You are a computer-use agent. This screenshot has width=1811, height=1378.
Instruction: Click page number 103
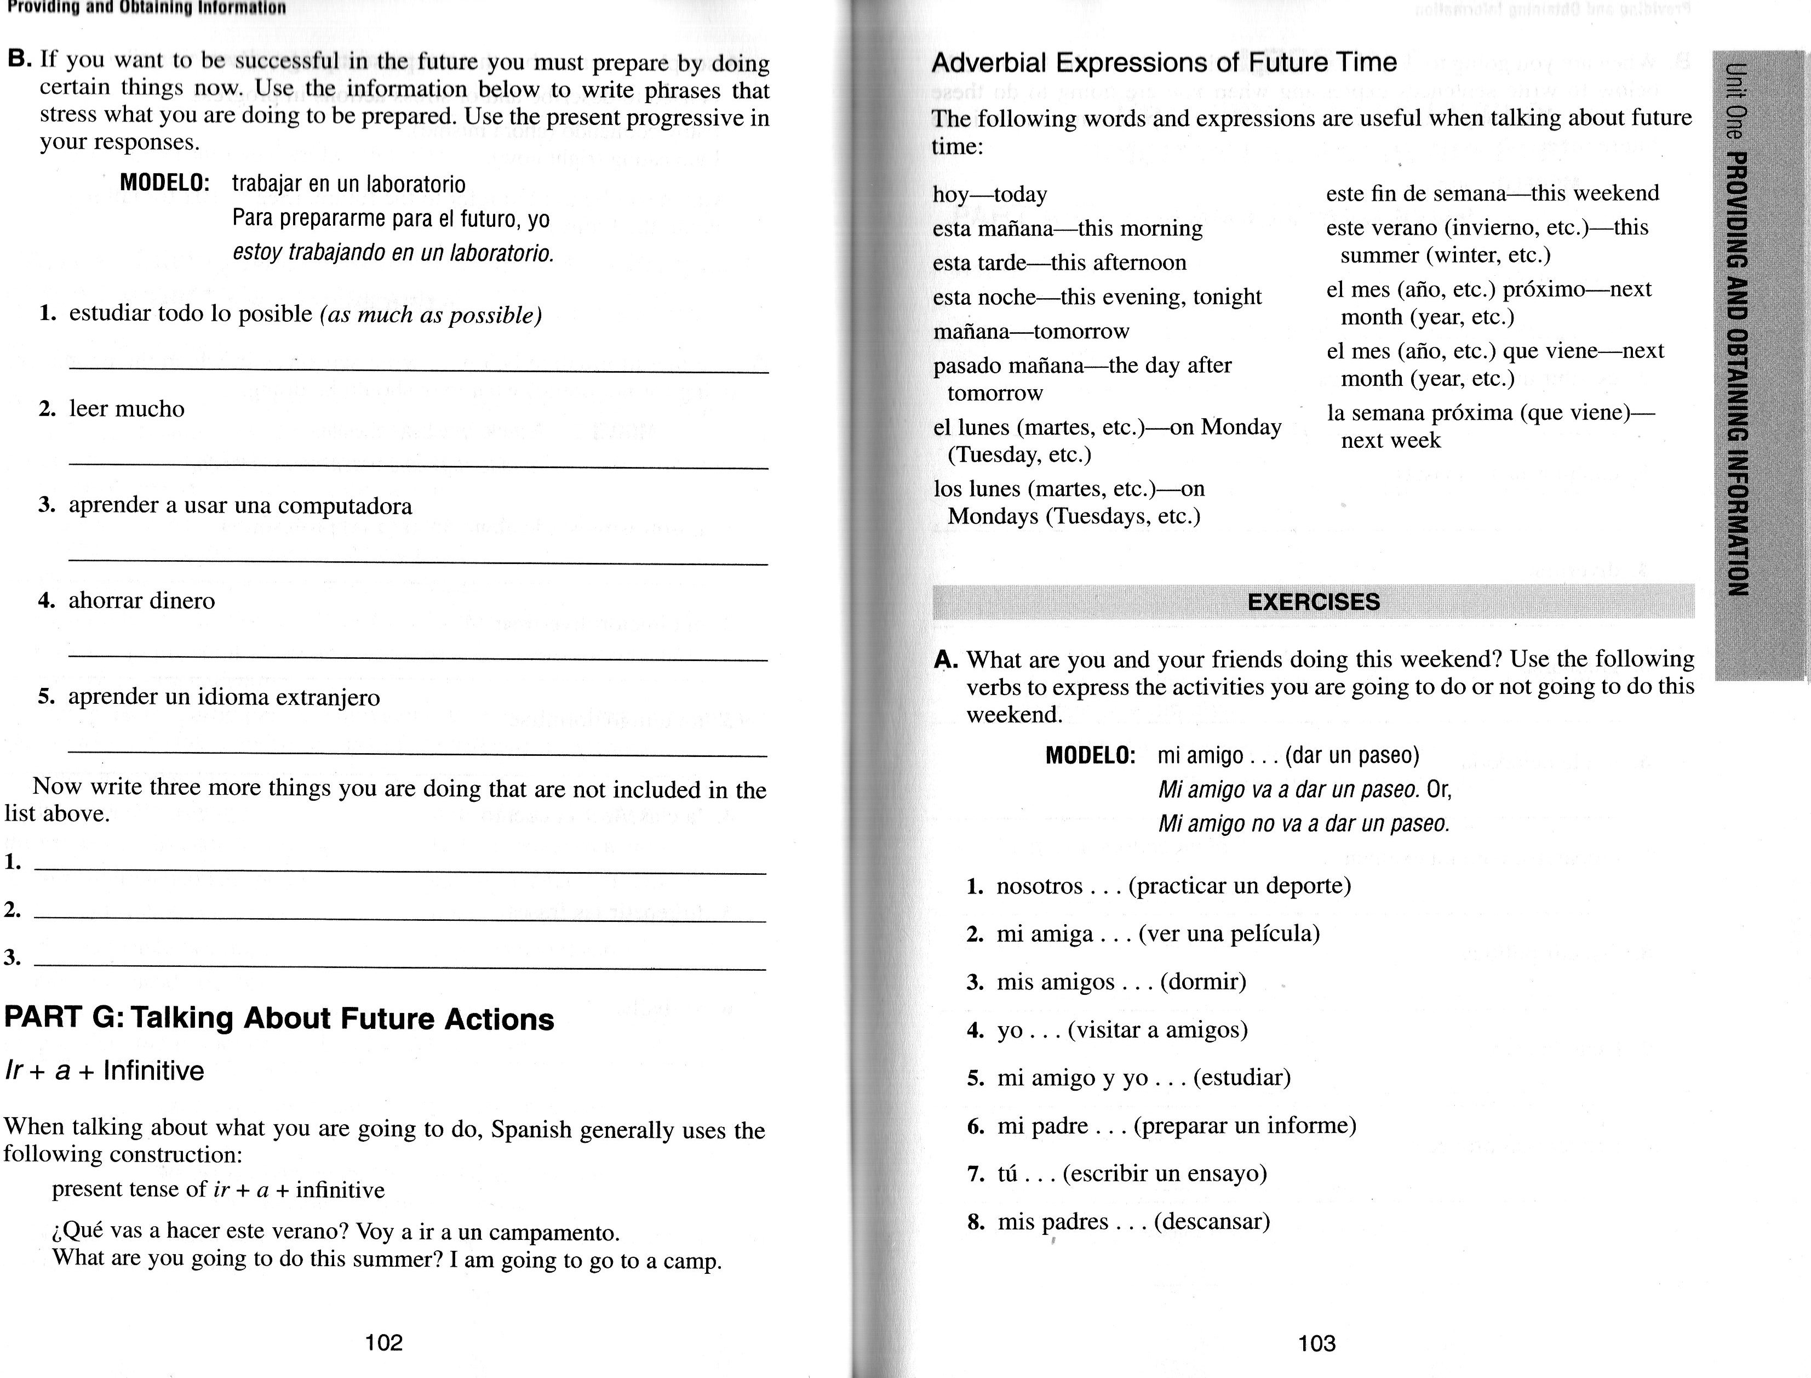click(1317, 1343)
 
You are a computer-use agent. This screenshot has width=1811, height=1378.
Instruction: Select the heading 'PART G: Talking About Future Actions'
click(279, 1019)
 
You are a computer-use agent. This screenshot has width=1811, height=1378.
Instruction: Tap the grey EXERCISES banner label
click(1314, 602)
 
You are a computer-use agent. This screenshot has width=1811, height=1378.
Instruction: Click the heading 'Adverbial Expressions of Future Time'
click(1164, 62)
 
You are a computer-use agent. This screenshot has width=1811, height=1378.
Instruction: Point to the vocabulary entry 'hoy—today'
click(989, 195)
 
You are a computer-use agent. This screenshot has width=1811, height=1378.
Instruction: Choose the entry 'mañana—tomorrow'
click(1030, 332)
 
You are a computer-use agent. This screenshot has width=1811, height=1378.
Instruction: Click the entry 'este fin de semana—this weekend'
click(1492, 193)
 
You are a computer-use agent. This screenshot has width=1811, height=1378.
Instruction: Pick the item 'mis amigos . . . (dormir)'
click(1121, 982)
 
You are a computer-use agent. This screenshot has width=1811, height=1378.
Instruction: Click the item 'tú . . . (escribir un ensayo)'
click(1131, 1174)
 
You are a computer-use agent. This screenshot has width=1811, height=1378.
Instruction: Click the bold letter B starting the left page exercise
click(20, 59)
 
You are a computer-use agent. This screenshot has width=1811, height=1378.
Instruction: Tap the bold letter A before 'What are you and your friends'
click(945, 659)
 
